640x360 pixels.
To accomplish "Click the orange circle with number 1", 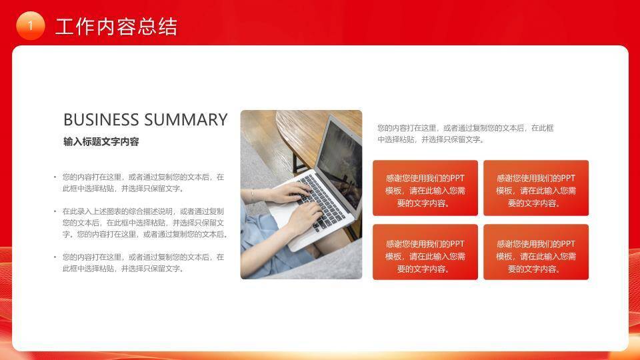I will pos(30,25).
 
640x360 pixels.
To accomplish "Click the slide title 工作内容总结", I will pos(117,27).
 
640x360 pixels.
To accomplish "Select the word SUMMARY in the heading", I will pos(186,120).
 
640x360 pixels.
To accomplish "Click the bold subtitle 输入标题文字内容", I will pos(101,142).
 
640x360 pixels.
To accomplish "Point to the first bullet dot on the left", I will pos(55,177).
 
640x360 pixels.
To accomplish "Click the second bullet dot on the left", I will pos(55,211).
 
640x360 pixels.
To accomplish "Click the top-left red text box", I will pos(425,188).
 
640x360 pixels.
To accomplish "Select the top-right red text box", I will pos(536,188).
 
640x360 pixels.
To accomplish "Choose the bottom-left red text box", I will pos(425,252).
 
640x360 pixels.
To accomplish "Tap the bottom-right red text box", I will pos(536,252).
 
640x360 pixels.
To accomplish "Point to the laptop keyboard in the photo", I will pos(320,197).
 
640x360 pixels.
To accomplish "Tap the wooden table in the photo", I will pos(293,133).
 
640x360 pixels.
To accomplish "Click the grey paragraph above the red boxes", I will pos(465,133).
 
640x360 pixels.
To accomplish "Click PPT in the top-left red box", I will pos(457,178).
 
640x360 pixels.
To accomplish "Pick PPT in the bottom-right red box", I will pos(567,244).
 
